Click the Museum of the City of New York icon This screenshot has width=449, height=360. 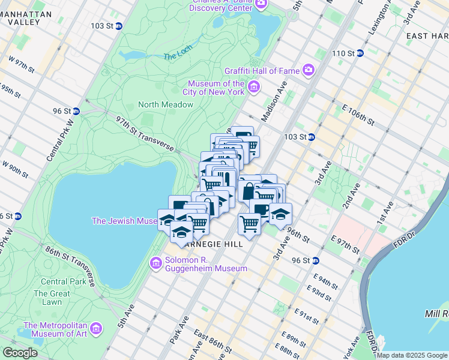[x=253, y=88]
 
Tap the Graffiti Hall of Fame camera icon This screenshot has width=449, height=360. [x=309, y=70]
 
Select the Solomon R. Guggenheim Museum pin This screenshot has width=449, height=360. [x=156, y=263]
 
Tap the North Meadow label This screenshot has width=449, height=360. [x=166, y=104]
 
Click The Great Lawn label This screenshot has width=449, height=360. [x=47, y=298]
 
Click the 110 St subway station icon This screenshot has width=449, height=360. [x=360, y=53]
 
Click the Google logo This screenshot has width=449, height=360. [x=20, y=353]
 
